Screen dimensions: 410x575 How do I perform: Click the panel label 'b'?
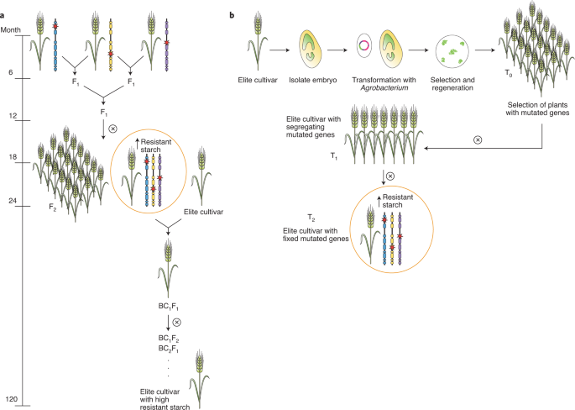point(243,5)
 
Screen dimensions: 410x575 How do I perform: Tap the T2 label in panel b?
point(287,218)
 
